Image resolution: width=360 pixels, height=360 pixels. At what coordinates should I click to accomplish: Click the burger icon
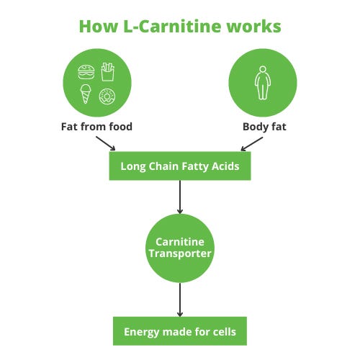click(x=86, y=72)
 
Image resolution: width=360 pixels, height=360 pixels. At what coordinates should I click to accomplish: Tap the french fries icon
click(x=107, y=72)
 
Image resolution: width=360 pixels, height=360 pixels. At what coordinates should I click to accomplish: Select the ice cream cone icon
click(x=86, y=94)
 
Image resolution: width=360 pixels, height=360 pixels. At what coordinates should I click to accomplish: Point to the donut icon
click(x=107, y=96)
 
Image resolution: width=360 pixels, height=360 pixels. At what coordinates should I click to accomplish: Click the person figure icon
click(x=263, y=83)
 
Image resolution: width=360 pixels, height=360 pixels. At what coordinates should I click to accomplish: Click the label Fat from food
click(x=96, y=127)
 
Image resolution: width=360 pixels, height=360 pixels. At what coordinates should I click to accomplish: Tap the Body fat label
click(x=264, y=127)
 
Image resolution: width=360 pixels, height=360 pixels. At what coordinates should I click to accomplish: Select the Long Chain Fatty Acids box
click(x=180, y=166)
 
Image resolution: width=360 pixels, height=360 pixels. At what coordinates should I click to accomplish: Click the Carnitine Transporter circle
click(x=180, y=248)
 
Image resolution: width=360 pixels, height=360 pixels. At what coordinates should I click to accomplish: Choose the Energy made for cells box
click(x=180, y=331)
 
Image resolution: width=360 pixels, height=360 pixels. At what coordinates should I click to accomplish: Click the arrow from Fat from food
click(x=106, y=143)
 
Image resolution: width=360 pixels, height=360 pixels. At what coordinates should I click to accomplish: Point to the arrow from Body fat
click(x=252, y=144)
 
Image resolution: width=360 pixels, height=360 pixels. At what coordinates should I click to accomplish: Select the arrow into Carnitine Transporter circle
click(x=180, y=197)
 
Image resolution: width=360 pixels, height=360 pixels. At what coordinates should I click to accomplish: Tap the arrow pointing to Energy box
click(x=180, y=300)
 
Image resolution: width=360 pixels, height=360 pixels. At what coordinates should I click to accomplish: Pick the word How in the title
click(x=99, y=27)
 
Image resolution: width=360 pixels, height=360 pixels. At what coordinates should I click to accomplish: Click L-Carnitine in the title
click(x=172, y=27)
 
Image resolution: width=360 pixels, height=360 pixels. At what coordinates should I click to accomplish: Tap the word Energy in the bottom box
click(x=142, y=333)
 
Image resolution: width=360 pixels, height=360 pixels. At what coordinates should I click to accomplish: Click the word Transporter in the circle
click(x=180, y=254)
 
